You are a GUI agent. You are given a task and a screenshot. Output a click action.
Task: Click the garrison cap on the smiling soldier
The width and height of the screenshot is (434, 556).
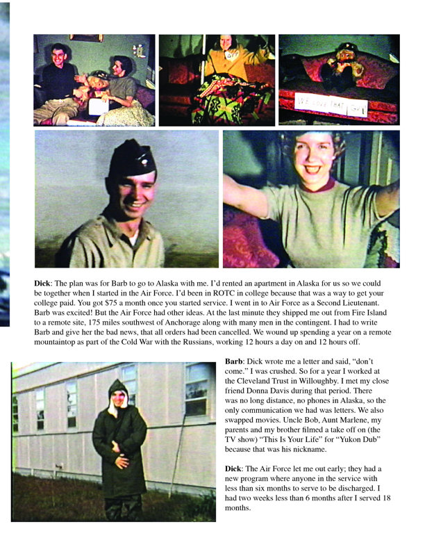(x=132, y=158)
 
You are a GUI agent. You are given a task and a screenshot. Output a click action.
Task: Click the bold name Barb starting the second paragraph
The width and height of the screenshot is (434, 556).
(x=235, y=362)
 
